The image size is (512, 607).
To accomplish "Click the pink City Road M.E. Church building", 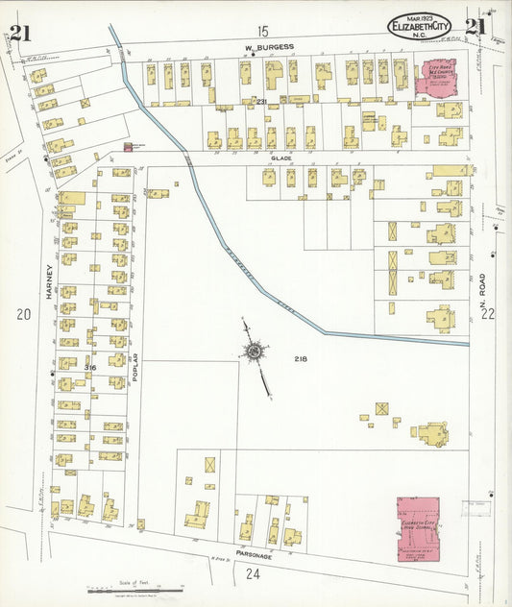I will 434,78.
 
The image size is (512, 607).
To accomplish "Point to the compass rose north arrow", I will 256,355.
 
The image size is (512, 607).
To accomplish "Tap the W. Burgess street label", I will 268,46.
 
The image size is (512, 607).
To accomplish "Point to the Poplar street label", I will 135,369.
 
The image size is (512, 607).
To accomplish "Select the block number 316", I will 91,368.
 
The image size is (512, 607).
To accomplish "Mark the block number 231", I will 261,100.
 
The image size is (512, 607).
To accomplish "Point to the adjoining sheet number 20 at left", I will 23,314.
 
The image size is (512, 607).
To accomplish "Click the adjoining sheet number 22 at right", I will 487,313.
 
